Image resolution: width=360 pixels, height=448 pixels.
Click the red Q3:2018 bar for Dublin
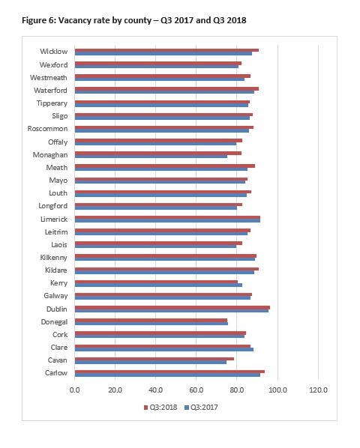(172, 307)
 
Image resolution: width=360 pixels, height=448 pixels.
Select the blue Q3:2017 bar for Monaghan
(151, 157)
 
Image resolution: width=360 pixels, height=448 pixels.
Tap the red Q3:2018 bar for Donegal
(151, 321)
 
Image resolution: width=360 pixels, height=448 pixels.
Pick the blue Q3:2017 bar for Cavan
(151, 362)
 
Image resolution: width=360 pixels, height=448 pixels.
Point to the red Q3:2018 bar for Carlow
(169, 372)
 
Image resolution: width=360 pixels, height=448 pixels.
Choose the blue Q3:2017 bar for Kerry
(158, 285)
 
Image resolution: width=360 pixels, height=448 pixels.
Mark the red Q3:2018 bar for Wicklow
(166, 50)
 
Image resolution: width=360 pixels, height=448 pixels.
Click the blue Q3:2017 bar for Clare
(164, 349)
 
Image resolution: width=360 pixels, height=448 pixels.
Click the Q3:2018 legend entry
(160, 407)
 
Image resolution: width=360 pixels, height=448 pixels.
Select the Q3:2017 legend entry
(201, 407)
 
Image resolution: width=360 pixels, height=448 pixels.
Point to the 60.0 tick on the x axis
(196, 390)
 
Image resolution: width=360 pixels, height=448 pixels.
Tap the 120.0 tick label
(318, 390)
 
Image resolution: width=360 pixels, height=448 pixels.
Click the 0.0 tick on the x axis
(75, 390)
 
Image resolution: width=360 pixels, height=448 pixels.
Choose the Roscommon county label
(47, 129)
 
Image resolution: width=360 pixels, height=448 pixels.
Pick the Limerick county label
(54, 220)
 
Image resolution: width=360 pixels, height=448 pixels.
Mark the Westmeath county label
(49, 78)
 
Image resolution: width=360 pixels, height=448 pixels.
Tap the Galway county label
(55, 296)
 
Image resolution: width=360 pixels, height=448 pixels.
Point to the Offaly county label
(58, 142)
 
